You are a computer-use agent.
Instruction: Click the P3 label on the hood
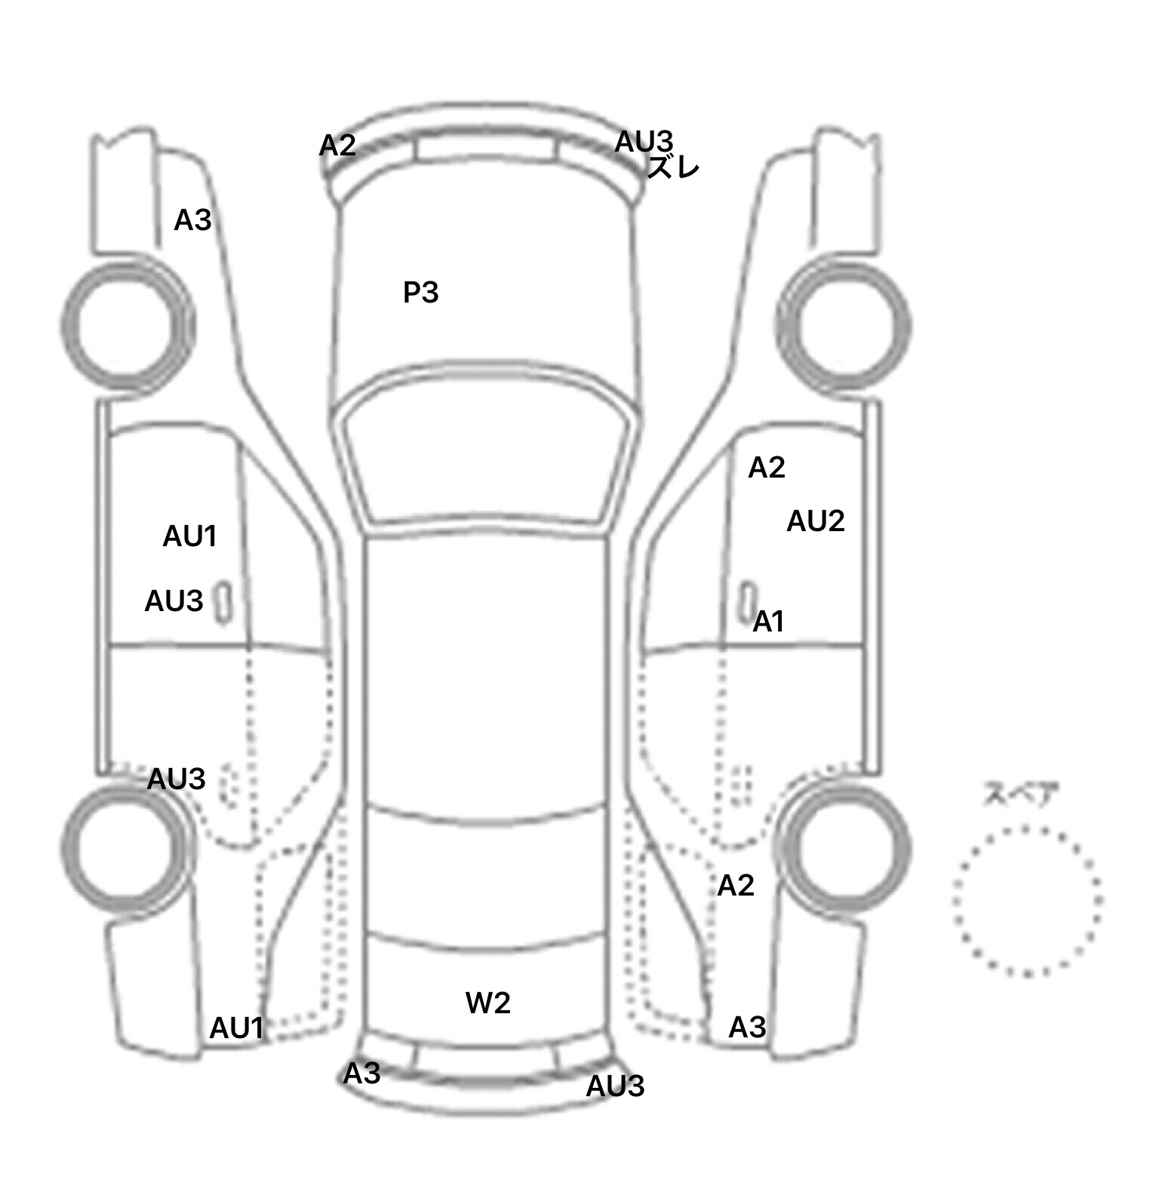click(x=420, y=293)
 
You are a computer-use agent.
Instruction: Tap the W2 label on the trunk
click(x=487, y=1003)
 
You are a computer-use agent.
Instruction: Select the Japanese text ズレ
click(x=674, y=168)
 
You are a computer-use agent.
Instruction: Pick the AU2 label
click(x=815, y=521)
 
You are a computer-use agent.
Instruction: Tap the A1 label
click(x=769, y=622)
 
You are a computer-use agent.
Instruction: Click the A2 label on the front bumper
click(x=337, y=146)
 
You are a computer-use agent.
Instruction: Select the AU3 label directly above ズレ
click(x=644, y=141)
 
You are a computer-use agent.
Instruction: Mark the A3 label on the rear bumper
click(x=362, y=1074)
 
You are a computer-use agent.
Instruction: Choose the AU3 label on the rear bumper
click(x=615, y=1086)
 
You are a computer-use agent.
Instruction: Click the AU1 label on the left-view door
click(x=190, y=536)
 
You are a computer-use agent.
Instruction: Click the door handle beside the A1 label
click(x=747, y=601)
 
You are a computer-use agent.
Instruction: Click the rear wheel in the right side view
click(x=844, y=844)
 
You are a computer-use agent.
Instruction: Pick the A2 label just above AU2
click(x=767, y=468)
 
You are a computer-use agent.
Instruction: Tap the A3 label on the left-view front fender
click(x=192, y=220)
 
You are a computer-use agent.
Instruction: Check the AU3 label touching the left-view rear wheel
click(x=176, y=779)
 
